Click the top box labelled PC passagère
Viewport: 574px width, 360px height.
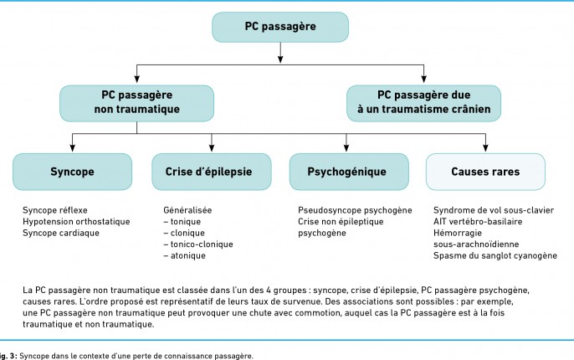pos(280,27)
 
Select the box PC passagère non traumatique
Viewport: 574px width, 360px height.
pos(136,103)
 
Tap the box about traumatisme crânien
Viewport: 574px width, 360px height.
pos(423,103)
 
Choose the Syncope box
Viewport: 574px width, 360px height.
pos(72,172)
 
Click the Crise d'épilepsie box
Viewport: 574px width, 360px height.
pos(212,172)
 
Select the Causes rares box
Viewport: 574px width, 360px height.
pos(485,172)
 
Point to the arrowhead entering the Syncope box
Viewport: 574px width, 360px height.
pos(73,147)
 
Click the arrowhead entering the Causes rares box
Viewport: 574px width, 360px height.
pos(485,147)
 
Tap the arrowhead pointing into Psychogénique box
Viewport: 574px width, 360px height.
pos(346,147)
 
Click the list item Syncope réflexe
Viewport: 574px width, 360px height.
pos(55,210)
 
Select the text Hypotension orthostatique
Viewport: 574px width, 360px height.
pos(76,222)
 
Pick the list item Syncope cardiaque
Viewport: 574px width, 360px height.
pos(61,233)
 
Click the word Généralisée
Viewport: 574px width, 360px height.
pos(187,210)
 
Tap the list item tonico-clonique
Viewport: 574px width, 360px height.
pos(198,244)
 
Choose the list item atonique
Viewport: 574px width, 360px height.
pos(184,255)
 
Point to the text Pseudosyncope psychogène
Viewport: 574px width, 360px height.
pos(355,210)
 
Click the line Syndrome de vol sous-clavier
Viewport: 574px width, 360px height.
pos(494,210)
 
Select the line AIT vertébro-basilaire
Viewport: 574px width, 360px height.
pos(478,222)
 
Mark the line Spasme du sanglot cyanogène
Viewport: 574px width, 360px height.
pos(495,255)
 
